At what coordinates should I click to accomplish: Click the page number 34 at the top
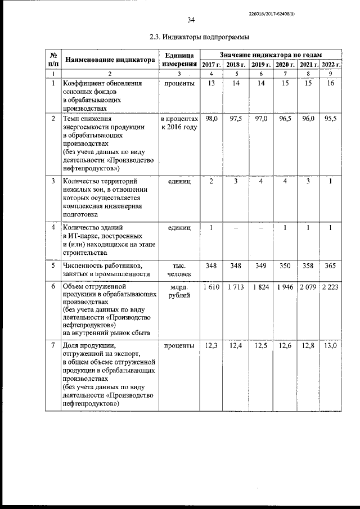(191, 20)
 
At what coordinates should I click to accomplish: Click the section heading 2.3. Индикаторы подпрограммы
(190, 37)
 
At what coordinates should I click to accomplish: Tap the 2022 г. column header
(331, 65)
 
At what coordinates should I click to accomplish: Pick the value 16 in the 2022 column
(331, 83)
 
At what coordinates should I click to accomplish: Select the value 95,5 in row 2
(331, 119)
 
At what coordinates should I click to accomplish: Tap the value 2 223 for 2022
(331, 288)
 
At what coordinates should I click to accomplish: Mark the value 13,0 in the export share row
(331, 345)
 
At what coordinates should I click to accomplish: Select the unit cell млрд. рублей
(179, 292)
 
